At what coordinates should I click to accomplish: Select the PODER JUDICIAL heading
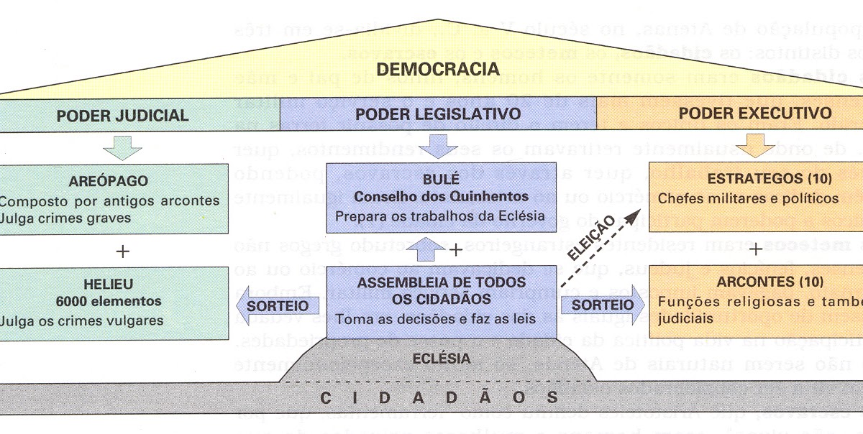point(123,115)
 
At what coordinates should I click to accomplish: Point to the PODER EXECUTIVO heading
point(755,114)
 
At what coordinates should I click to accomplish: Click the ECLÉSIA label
point(447,358)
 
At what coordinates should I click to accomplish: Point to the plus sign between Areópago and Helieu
point(123,251)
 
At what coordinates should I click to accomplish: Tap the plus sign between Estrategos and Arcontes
point(757,250)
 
